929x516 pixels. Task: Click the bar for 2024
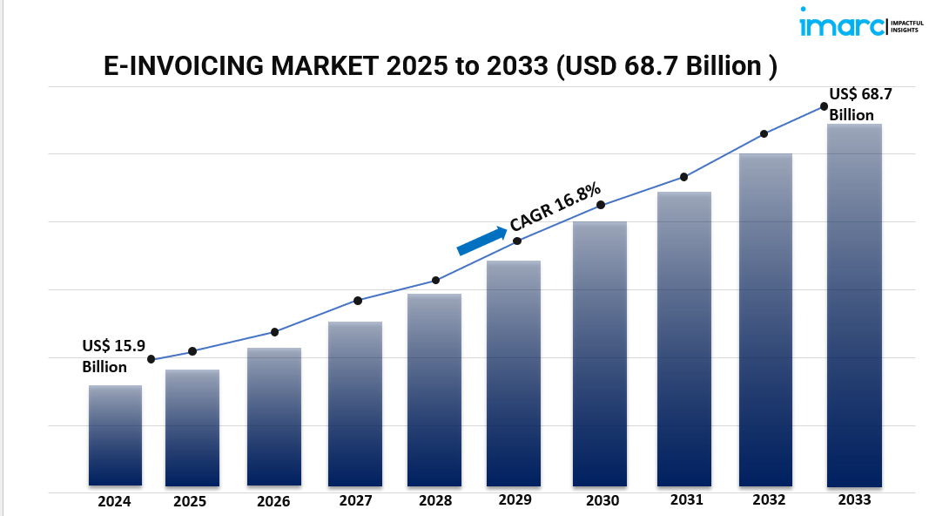point(115,435)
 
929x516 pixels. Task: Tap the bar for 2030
point(600,353)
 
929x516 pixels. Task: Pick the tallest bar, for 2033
point(854,305)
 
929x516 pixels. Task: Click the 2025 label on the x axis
point(190,501)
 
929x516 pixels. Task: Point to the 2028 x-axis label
point(434,500)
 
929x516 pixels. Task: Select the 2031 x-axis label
point(686,499)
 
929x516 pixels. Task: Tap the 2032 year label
point(768,499)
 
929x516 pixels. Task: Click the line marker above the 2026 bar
point(274,332)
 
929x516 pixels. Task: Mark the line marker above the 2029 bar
point(517,241)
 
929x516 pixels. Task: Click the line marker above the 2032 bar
point(764,134)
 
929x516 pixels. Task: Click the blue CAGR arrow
point(481,241)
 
